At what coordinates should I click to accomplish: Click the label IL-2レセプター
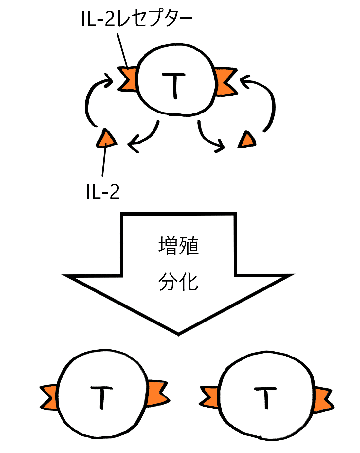(x=136, y=19)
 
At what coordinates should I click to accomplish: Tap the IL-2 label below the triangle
(x=103, y=192)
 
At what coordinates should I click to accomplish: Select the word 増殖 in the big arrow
(x=179, y=246)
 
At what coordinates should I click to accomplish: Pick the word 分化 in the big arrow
(x=179, y=282)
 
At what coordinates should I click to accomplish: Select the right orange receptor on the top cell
(x=224, y=82)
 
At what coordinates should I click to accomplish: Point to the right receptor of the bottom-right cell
(x=322, y=400)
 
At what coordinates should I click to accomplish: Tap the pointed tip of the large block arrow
(x=179, y=333)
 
